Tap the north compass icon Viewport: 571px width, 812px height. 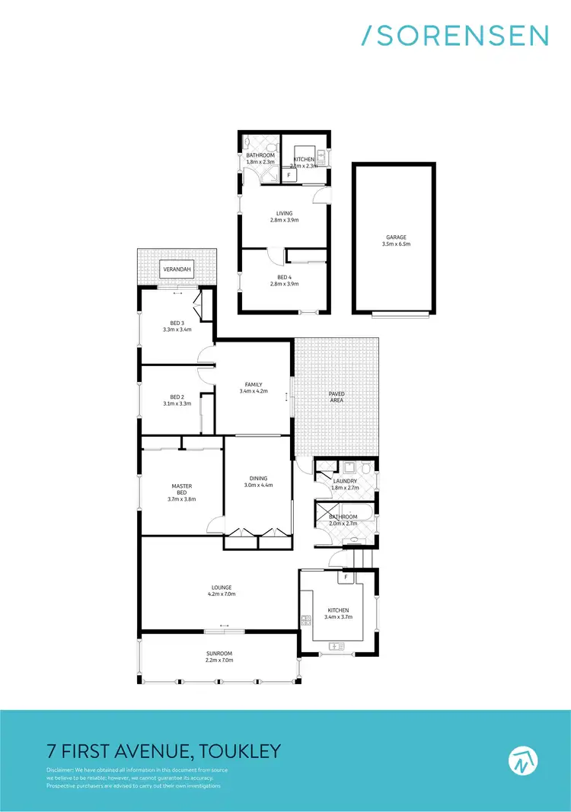point(523,759)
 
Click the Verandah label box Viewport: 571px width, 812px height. point(177,269)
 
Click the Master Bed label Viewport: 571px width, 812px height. point(181,486)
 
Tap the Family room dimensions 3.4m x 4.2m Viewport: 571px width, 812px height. point(254,391)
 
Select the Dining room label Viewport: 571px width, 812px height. point(258,478)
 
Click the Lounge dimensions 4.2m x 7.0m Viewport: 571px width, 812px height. point(222,594)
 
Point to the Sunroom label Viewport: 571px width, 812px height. point(219,653)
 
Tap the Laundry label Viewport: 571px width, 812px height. point(345,481)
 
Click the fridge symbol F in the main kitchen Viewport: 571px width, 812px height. point(346,578)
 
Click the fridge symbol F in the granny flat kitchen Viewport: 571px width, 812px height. point(289,175)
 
